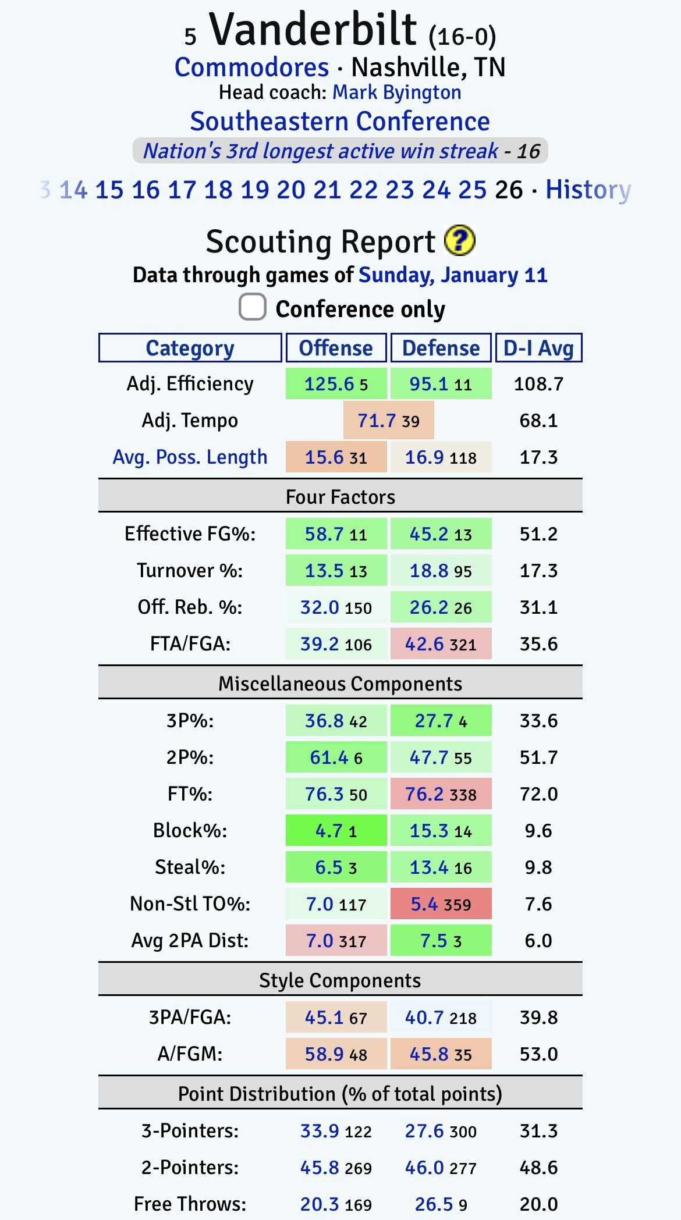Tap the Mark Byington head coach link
point(396,93)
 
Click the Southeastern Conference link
point(340,122)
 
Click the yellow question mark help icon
point(459,241)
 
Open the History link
point(588,190)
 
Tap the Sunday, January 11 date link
point(453,275)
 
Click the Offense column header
point(336,348)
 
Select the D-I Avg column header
point(538,348)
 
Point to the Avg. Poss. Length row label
point(190,457)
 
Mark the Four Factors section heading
point(340,497)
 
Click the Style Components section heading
point(340,980)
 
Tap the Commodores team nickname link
point(251,67)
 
